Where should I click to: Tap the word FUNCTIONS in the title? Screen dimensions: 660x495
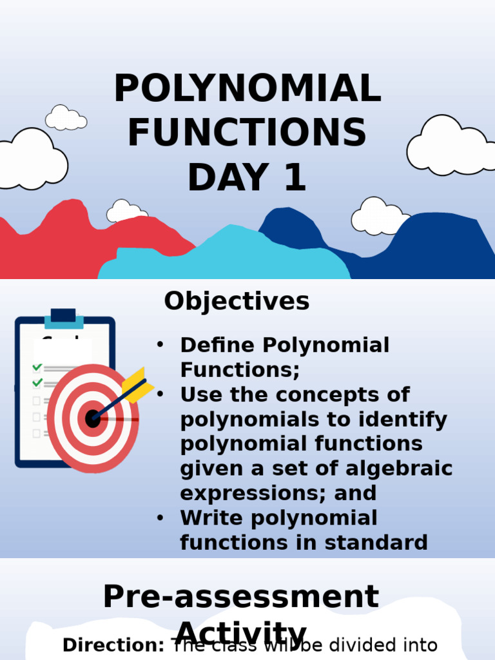(x=247, y=133)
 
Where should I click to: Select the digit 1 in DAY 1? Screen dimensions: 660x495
(x=293, y=178)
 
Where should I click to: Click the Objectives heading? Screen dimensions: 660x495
(x=237, y=301)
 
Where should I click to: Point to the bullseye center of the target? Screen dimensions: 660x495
(x=93, y=418)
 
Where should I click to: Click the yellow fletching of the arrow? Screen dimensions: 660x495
(x=137, y=385)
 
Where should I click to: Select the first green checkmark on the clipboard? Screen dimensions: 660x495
(x=37, y=367)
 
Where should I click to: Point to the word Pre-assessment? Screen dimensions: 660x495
(x=241, y=597)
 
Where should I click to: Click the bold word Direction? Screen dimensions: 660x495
(x=114, y=645)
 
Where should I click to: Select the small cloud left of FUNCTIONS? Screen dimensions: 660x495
(x=65, y=119)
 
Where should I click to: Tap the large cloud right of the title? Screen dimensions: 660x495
(x=449, y=147)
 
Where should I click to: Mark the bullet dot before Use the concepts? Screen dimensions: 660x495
(x=160, y=394)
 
